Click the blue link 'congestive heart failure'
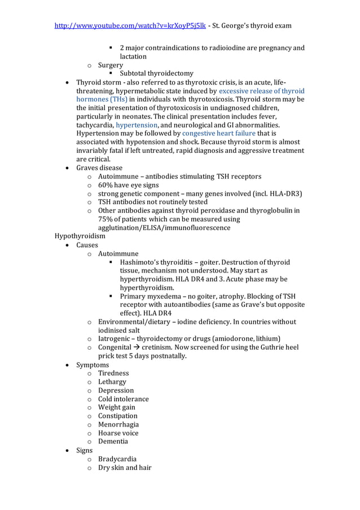(x=218, y=133)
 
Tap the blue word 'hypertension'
(x=137, y=125)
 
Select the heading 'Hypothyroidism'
(x=80, y=236)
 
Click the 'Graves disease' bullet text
(x=99, y=168)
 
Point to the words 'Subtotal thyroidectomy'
(x=156, y=73)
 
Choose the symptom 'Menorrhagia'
(x=118, y=424)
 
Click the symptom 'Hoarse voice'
(x=118, y=433)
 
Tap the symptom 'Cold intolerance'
(x=123, y=399)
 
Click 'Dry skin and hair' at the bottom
(x=125, y=468)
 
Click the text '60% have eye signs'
(x=128, y=185)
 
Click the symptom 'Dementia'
(x=113, y=441)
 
